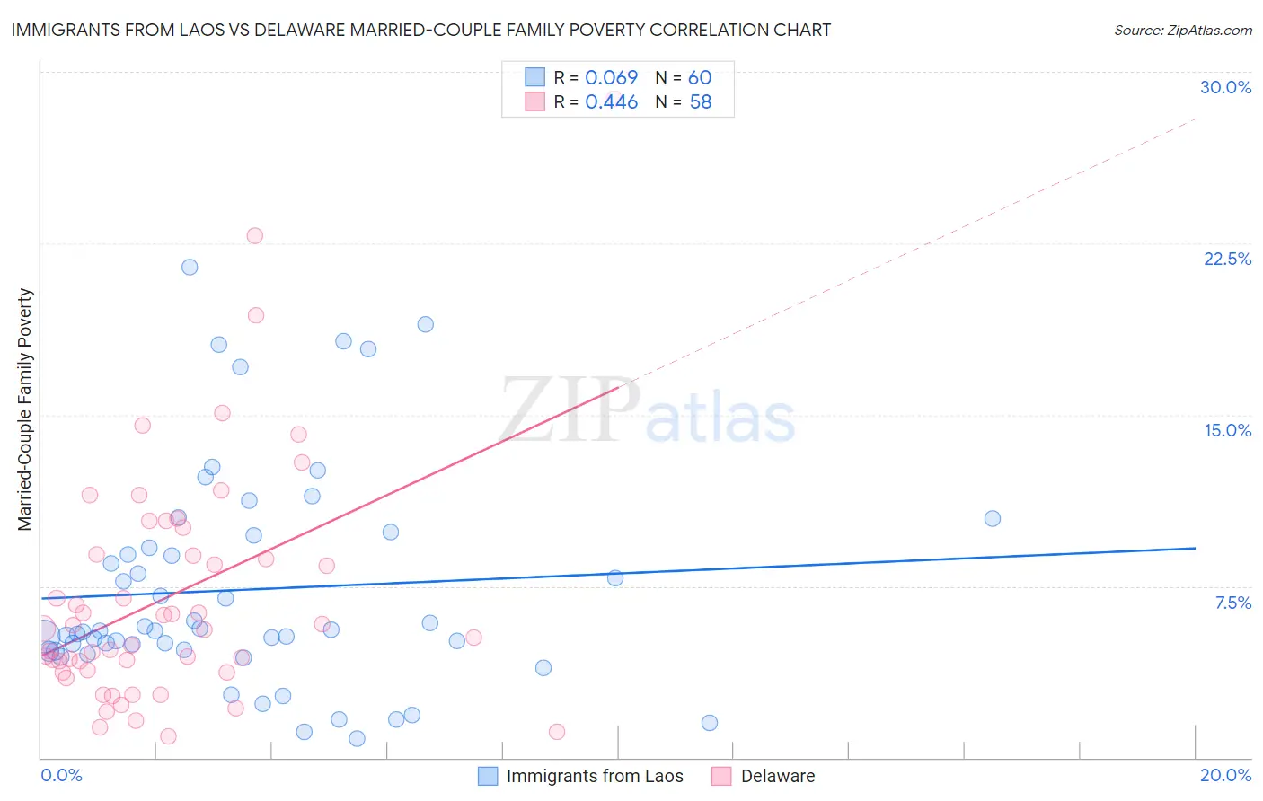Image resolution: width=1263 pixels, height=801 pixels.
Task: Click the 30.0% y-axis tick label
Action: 1225,87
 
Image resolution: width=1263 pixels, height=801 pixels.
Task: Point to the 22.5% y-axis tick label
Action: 1227,259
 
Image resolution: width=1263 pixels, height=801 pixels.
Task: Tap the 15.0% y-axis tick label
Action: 1227,430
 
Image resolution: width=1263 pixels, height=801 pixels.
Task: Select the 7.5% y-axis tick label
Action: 1232,603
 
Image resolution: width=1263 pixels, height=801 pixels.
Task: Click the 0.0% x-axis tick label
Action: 61,775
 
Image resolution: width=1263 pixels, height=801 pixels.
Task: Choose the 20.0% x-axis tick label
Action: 1225,775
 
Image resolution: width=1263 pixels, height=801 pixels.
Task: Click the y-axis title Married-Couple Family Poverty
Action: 25,409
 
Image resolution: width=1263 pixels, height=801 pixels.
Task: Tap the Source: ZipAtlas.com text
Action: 1182,30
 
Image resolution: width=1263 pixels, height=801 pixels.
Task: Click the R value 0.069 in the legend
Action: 611,77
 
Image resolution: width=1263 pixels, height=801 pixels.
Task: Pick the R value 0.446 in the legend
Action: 611,102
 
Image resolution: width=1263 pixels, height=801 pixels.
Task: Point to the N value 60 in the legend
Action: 700,77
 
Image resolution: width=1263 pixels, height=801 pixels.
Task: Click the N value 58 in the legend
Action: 700,102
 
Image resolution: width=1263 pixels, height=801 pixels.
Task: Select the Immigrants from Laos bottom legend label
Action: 595,776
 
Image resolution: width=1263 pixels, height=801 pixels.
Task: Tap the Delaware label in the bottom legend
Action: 778,776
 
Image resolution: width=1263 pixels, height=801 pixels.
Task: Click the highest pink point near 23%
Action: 254,236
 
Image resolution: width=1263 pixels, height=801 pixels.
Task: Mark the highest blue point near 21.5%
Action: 190,267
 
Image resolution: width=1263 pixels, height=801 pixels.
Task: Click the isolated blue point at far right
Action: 993,518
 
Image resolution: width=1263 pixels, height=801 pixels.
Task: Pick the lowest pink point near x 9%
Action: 557,732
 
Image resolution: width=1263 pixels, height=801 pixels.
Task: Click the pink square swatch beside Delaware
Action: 721,776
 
